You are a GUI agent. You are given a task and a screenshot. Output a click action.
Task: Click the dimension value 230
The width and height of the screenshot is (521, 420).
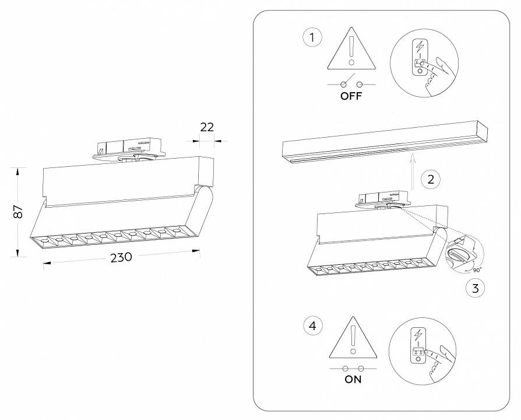click(x=121, y=257)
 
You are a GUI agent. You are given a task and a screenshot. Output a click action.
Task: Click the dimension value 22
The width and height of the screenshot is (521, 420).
click(x=207, y=127)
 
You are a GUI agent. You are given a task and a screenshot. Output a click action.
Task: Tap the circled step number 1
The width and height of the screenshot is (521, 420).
click(x=312, y=38)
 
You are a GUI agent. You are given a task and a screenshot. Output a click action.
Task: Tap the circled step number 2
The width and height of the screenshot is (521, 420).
click(x=430, y=178)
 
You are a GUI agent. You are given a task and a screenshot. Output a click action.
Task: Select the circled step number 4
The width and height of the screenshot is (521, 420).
click(x=312, y=325)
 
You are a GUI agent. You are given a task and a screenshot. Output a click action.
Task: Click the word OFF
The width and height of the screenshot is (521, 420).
click(x=351, y=97)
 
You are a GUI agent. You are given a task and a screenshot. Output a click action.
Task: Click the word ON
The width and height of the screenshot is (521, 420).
click(x=353, y=380)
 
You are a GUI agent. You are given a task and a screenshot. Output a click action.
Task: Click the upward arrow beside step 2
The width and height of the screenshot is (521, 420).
click(x=412, y=170)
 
